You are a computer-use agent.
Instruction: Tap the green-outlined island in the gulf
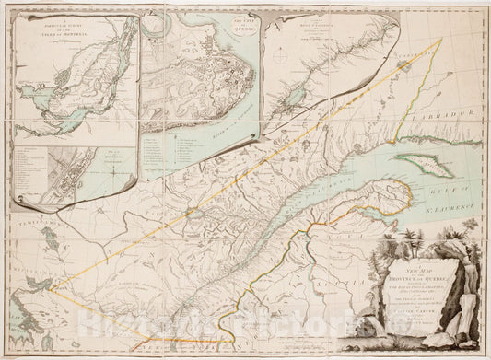(x=424, y=168)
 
